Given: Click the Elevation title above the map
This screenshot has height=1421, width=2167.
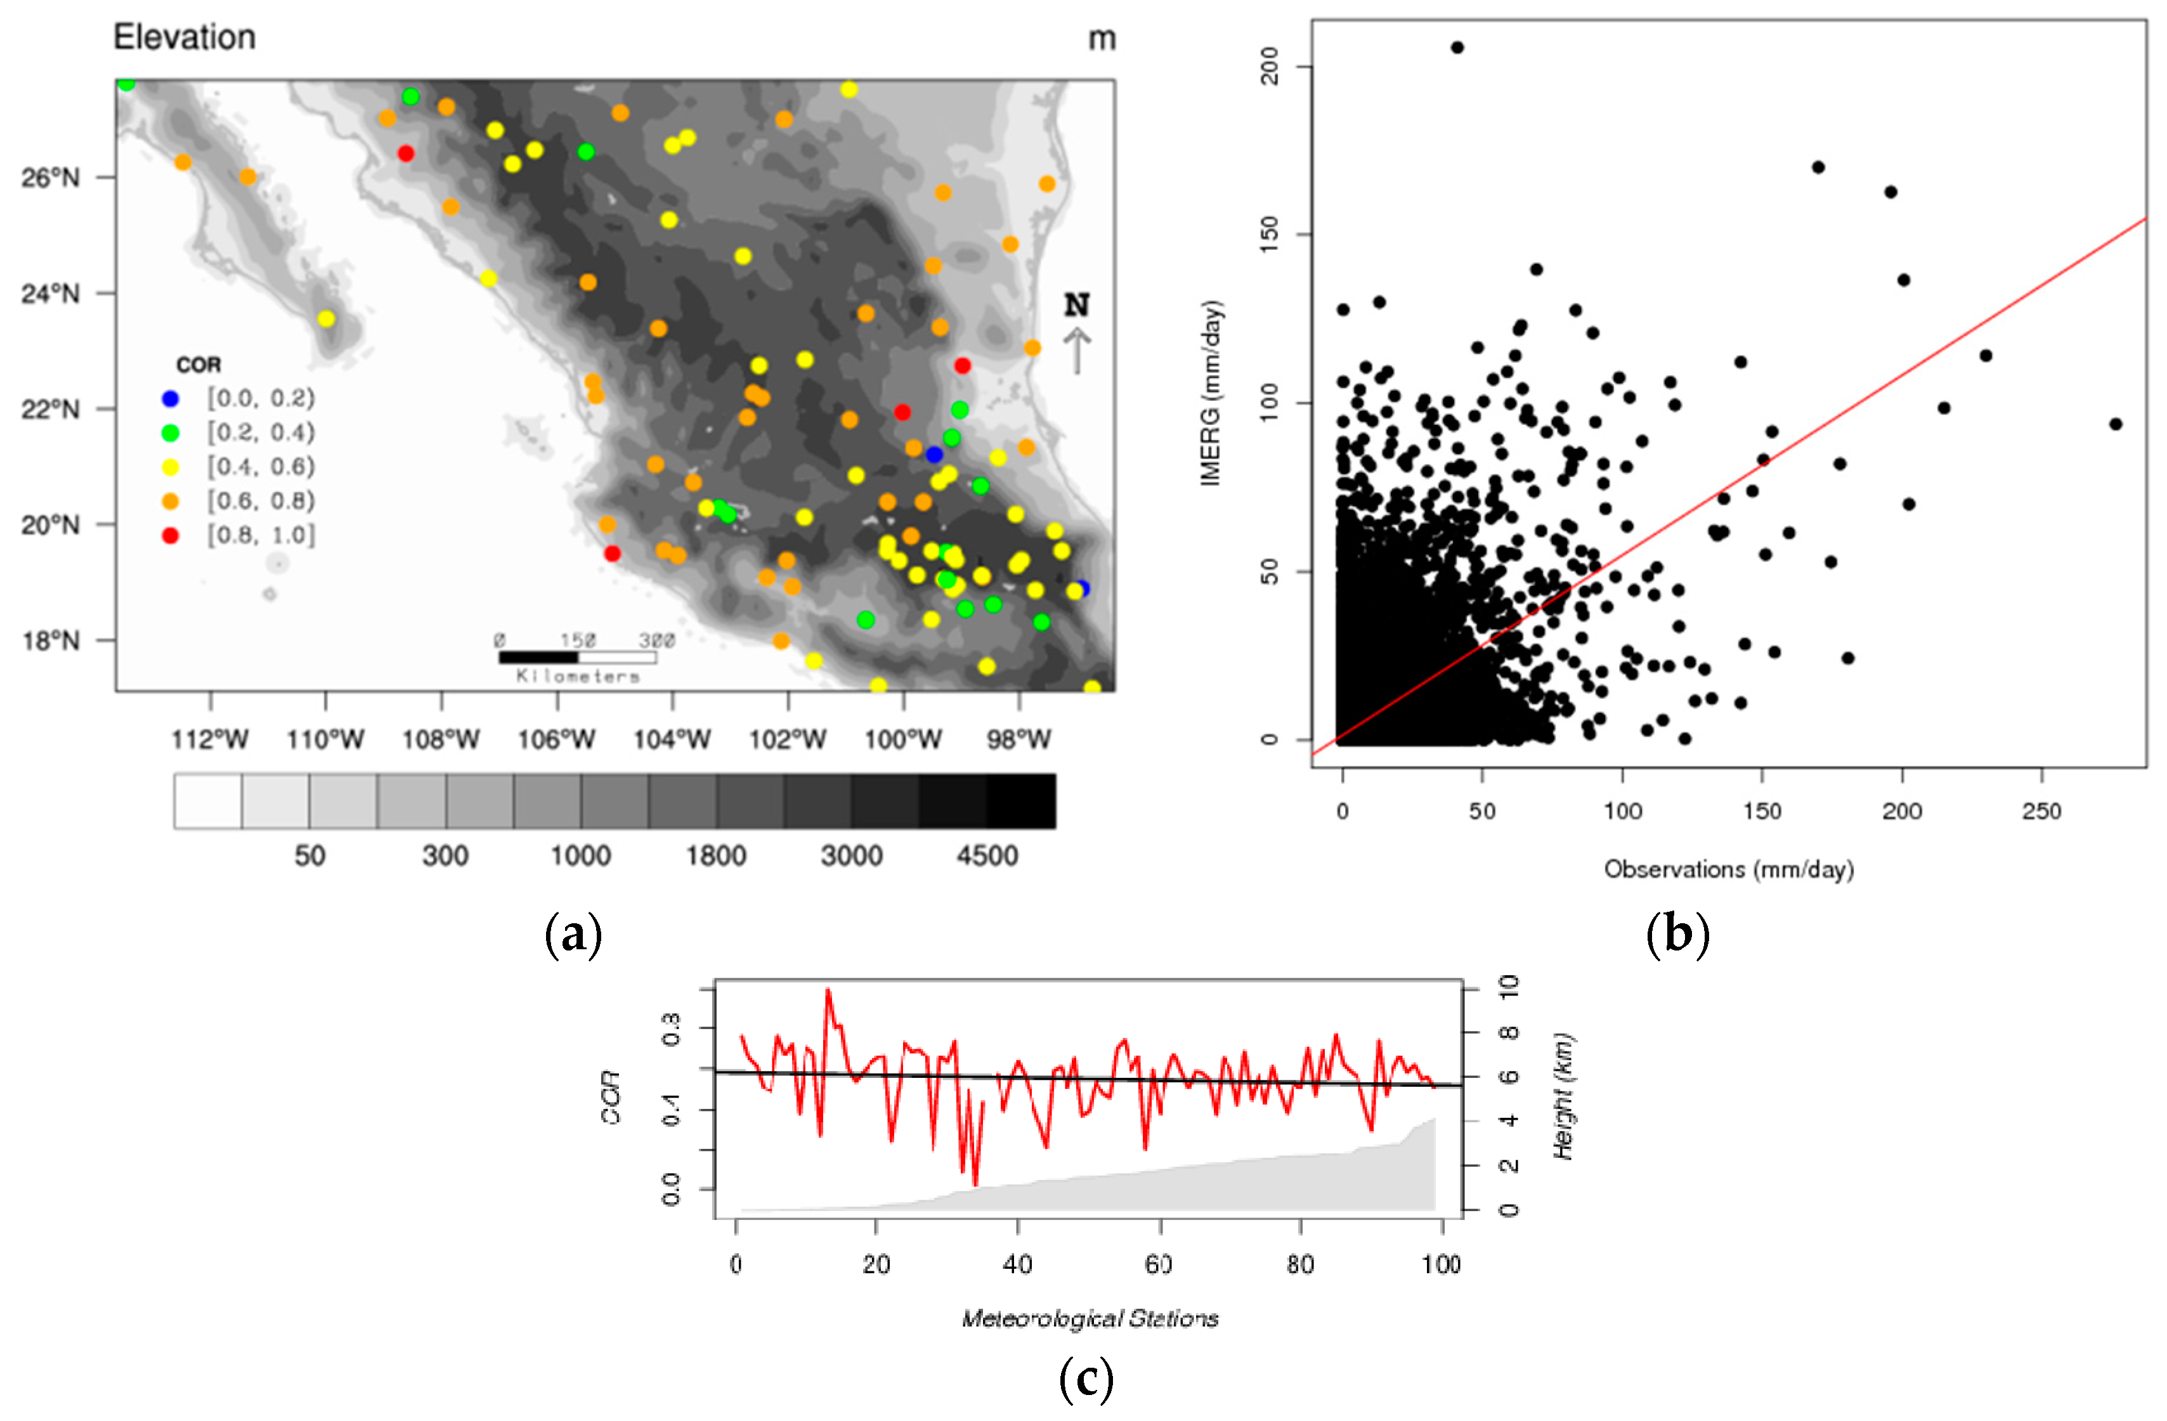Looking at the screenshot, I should point(184,37).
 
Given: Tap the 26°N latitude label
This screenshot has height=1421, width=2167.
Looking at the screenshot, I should point(50,178).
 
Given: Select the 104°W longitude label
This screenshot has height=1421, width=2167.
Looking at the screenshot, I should point(672,739).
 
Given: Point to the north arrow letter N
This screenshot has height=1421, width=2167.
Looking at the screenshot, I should point(1077,305).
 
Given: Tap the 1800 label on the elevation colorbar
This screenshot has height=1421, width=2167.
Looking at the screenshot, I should point(715,855).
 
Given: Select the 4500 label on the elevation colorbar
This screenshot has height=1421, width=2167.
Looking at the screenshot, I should point(987,855).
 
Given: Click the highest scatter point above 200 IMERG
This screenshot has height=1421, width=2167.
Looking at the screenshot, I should point(1457,48).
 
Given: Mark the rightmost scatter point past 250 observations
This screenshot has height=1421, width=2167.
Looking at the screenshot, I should point(2115,424).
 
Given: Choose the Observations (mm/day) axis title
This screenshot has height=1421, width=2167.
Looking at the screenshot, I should point(1728,869).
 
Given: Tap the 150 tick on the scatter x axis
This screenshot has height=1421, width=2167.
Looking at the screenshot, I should point(1762,811).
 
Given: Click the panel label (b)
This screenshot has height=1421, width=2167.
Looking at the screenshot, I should point(1677,935).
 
